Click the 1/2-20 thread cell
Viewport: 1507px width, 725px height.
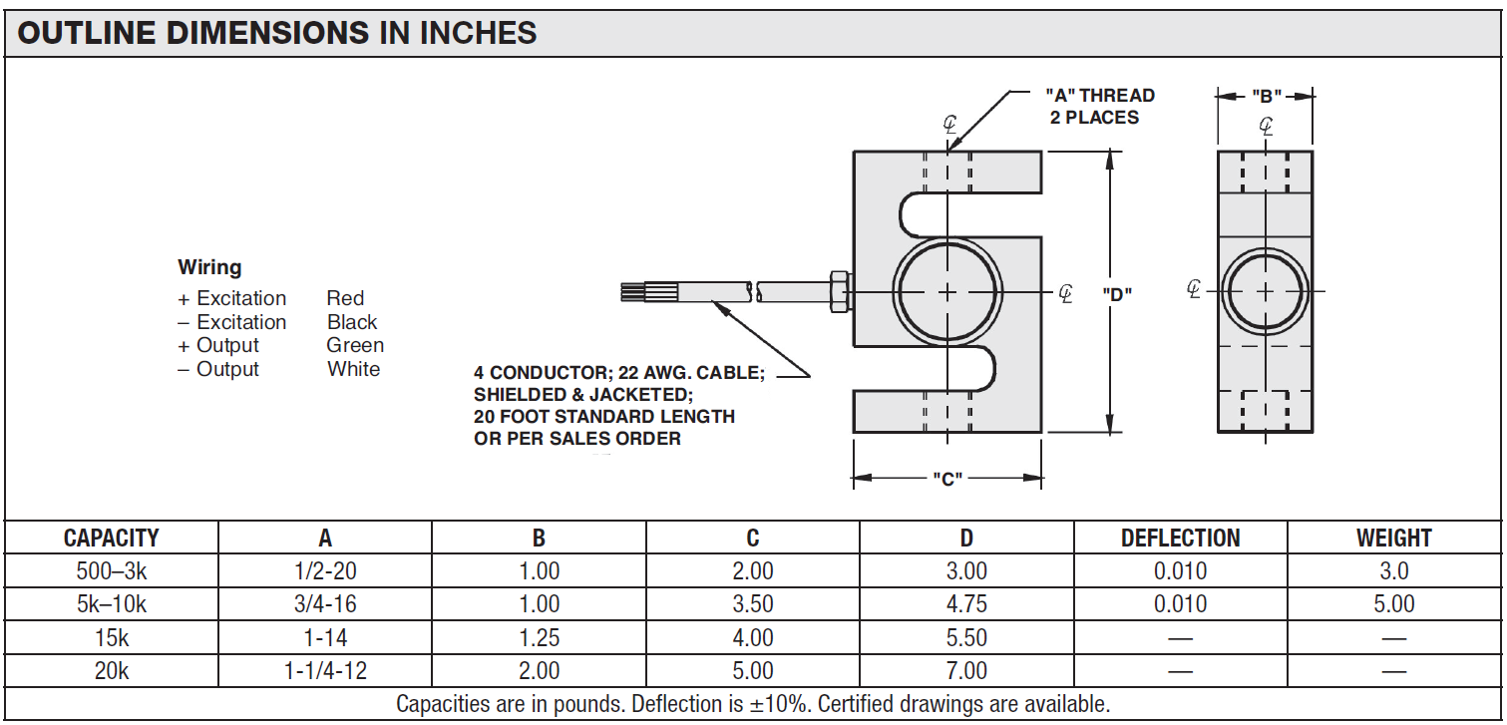click(x=325, y=571)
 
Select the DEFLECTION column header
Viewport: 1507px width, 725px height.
click(x=1180, y=539)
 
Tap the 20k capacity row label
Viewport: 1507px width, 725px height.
click(x=112, y=671)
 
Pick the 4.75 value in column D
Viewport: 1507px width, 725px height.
click(x=965, y=604)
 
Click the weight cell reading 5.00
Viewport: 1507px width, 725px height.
click(x=1393, y=604)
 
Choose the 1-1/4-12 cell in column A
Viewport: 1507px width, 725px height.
click(x=325, y=671)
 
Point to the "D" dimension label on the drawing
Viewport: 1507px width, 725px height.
click(x=1116, y=293)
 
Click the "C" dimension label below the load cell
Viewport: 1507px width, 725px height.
click(x=946, y=479)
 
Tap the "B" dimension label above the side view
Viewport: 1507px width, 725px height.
click(x=1266, y=97)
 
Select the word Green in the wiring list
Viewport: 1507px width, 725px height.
click(x=355, y=345)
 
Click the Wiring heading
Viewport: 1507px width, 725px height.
click(x=209, y=267)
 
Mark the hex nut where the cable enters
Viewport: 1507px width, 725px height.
click(x=838, y=291)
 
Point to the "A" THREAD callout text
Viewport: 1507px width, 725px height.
click(x=1099, y=96)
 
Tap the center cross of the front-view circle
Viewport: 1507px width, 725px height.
click(x=946, y=291)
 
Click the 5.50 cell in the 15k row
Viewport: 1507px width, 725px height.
click(x=965, y=638)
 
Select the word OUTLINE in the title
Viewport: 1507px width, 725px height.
click(x=85, y=33)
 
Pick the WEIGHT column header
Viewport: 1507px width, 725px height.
click(x=1393, y=539)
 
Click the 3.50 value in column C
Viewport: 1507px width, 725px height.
click(x=752, y=604)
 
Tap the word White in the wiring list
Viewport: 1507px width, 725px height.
click(x=353, y=369)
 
